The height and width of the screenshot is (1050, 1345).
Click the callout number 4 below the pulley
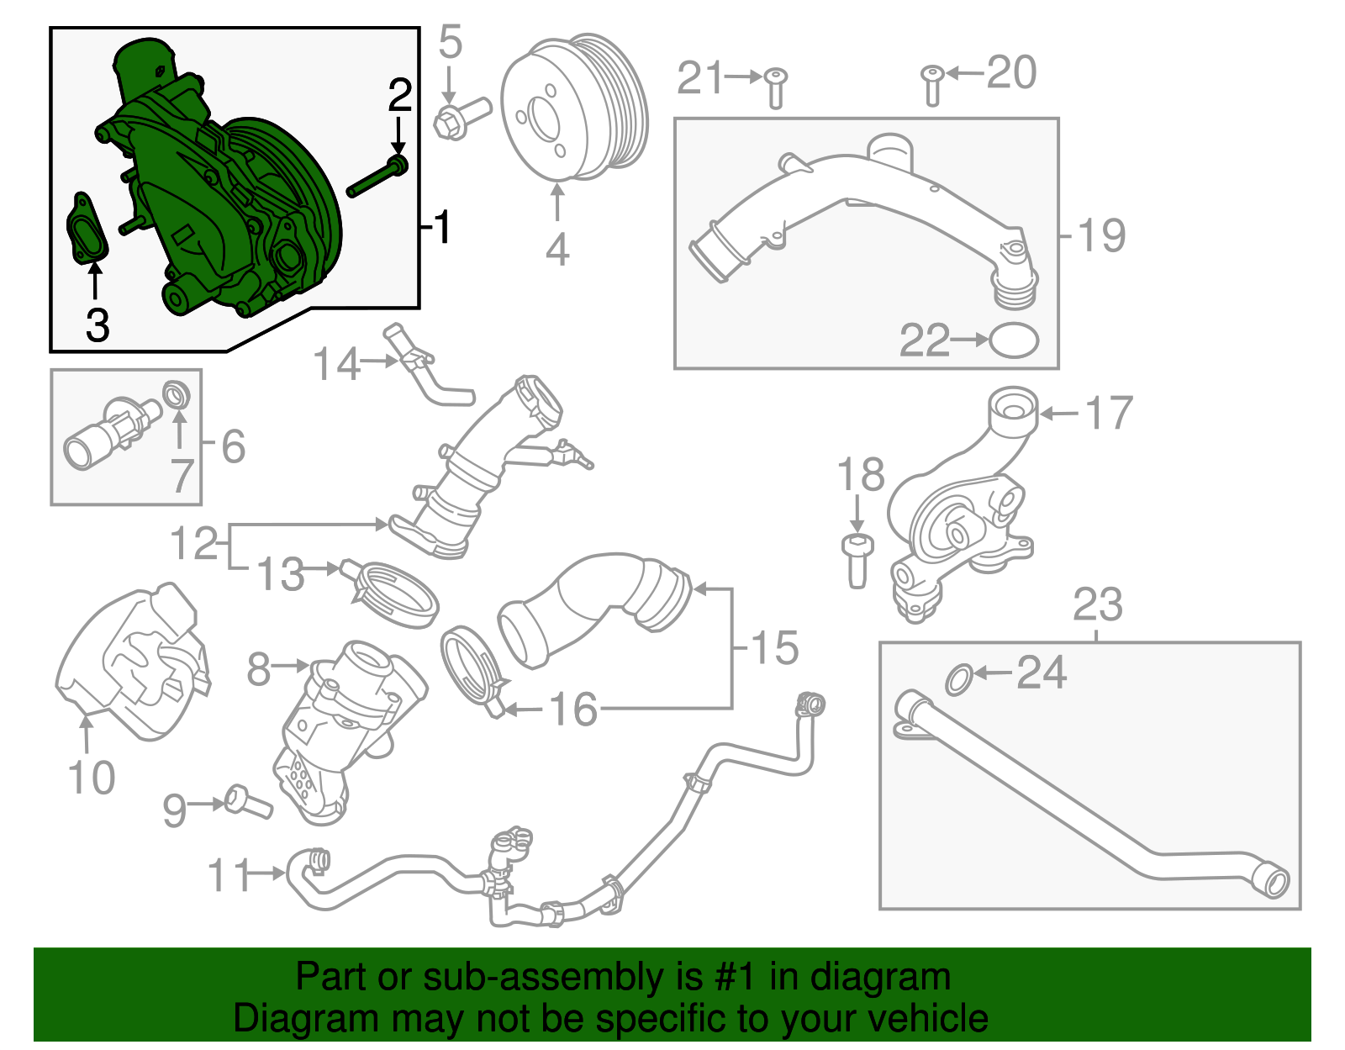[x=557, y=250]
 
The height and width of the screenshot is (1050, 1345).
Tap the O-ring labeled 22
[x=1014, y=340]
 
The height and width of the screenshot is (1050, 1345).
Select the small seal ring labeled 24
[x=959, y=679]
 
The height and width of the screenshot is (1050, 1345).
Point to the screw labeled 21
[x=775, y=87]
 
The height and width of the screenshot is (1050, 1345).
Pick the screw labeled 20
[x=931, y=85]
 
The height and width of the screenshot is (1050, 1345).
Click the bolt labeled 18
[x=857, y=558]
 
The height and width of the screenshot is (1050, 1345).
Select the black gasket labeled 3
[x=88, y=229]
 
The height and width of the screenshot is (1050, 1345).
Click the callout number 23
[x=1097, y=605]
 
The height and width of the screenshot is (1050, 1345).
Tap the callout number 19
[x=1101, y=235]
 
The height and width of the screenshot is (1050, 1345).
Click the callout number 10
[x=91, y=778]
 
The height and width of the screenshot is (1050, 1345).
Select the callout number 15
[x=773, y=647]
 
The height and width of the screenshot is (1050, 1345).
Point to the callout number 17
[x=1109, y=414]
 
